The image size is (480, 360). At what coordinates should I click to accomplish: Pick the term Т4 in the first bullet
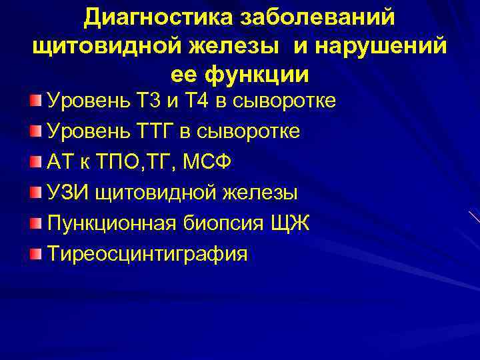click(199, 101)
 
